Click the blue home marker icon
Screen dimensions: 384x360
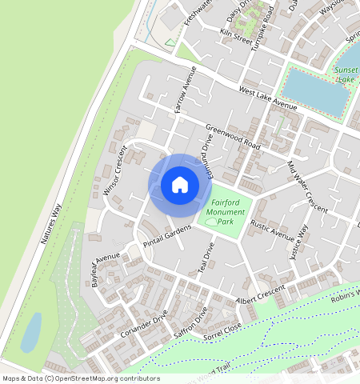180,185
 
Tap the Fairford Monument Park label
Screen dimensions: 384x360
224,211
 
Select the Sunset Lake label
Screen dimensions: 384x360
346,74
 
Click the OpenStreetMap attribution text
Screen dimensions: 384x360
81,378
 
